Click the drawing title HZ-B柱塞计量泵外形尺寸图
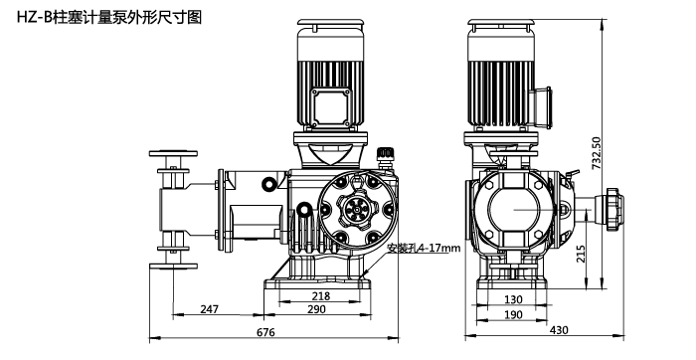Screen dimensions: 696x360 tap(109, 17)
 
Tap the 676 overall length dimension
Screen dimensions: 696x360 tap(265, 332)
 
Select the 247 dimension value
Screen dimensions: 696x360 tap(209, 309)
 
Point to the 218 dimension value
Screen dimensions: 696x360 tap(321, 295)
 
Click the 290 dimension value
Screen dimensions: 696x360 tap(316, 309)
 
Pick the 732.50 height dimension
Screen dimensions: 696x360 tap(597, 153)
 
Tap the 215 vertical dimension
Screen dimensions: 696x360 tap(581, 254)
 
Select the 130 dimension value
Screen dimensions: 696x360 tap(513, 299)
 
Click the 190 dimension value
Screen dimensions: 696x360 tap(513, 314)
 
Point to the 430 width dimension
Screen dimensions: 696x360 tap(559, 330)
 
